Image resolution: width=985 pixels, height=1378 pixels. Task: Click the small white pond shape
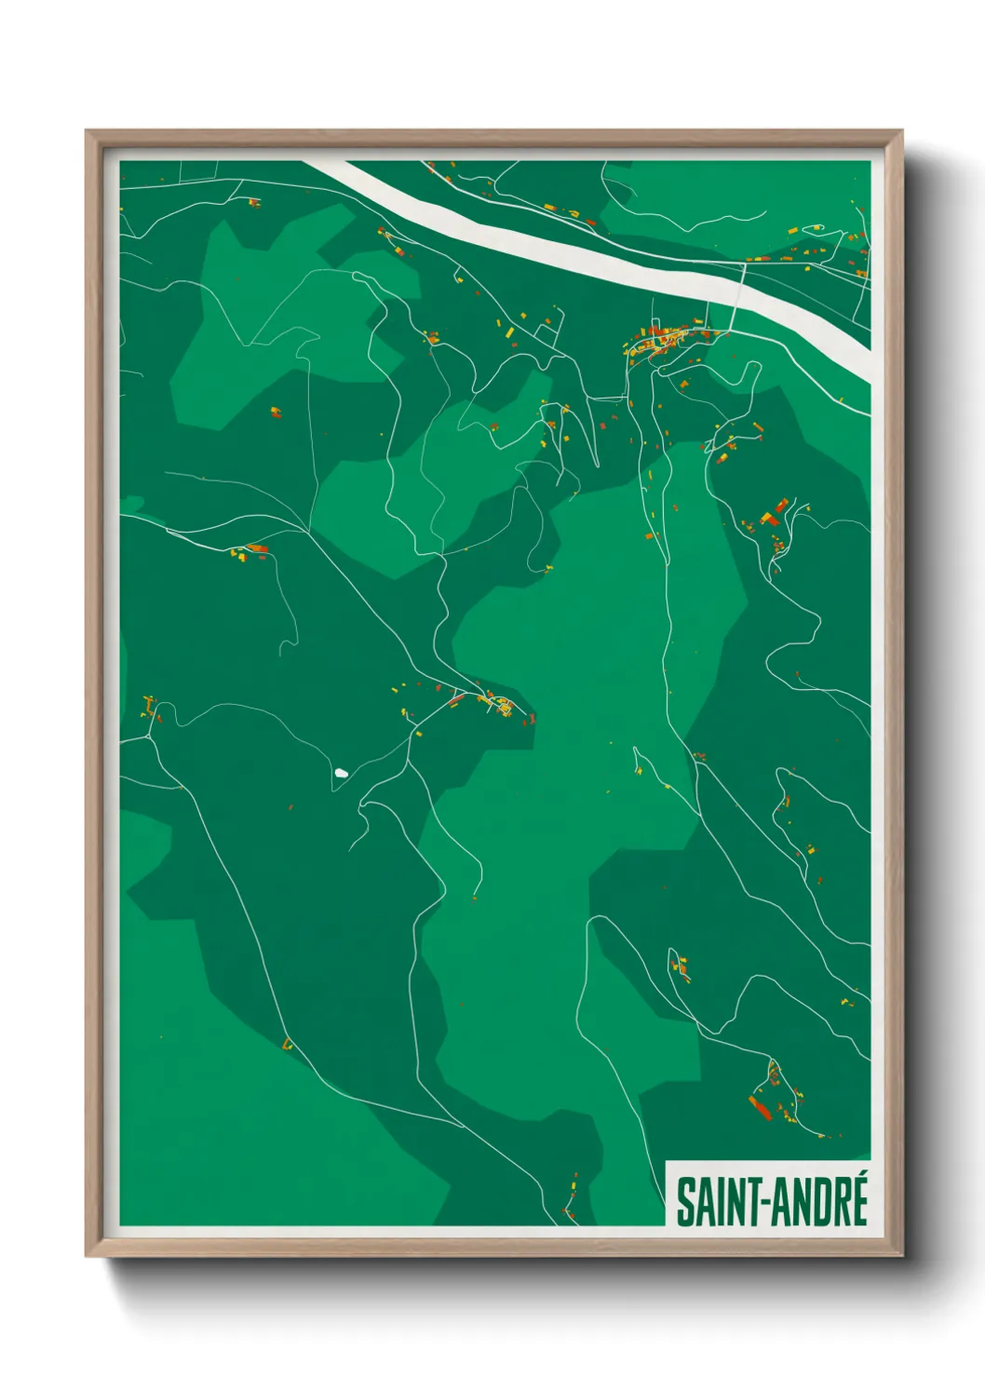tap(341, 773)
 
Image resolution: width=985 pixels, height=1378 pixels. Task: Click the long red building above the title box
tap(760, 1107)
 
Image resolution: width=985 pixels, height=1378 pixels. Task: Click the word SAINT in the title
tap(716, 1202)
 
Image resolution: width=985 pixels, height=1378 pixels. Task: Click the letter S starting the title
tap(684, 1202)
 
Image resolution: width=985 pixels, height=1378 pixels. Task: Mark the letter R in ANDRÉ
tap(840, 1202)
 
